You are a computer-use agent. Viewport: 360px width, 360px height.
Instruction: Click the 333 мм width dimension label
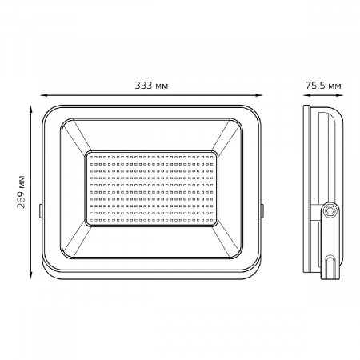pyautogui.click(x=151, y=86)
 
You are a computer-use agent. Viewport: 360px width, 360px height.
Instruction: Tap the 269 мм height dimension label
pyautogui.click(x=21, y=192)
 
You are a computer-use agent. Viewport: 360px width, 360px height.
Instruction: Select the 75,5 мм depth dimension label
pyautogui.click(x=323, y=86)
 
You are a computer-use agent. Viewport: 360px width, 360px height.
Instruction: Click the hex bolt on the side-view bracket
pyautogui.click(x=330, y=211)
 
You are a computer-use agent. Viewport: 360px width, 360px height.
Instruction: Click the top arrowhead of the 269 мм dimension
pyautogui.click(x=31, y=110)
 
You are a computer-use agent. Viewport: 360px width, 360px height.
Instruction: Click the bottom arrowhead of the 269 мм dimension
pyautogui.click(x=31, y=275)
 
